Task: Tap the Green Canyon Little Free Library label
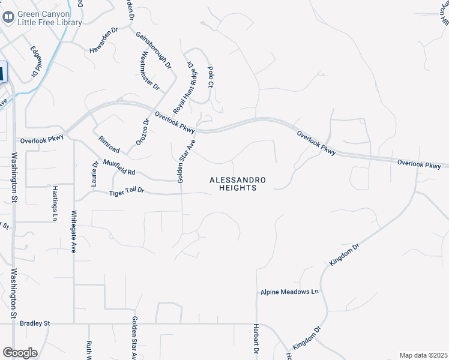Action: [49, 18]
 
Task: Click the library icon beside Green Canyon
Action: [8, 18]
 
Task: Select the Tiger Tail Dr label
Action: [127, 192]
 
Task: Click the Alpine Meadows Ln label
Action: [289, 292]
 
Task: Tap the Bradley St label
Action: [35, 323]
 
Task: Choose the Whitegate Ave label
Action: [74, 231]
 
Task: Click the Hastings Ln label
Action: [55, 200]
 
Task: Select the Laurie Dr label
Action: [95, 174]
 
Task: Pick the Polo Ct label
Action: [210, 77]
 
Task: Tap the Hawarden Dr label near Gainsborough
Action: [104, 41]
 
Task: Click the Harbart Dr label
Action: [256, 341]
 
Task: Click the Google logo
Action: [20, 353]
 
